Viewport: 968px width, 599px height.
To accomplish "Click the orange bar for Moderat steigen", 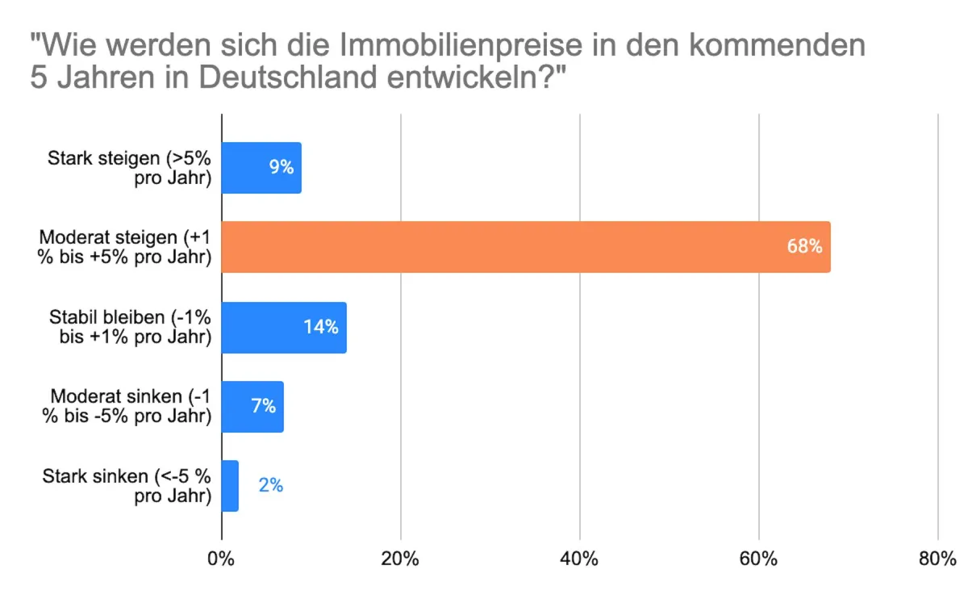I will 524,246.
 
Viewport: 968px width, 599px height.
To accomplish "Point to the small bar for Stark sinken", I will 230,485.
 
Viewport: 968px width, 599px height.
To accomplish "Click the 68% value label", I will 804,246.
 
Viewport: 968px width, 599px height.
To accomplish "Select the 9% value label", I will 281,168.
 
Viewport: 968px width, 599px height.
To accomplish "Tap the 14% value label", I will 320,327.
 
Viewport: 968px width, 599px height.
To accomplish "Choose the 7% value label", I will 263,406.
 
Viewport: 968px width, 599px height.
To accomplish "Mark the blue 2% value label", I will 270,485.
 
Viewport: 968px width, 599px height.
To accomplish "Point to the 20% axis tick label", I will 400,559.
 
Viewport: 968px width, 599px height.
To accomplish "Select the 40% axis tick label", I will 579,559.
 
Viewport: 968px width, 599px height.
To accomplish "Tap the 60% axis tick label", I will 758,559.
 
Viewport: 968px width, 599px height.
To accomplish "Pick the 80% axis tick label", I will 937,559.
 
